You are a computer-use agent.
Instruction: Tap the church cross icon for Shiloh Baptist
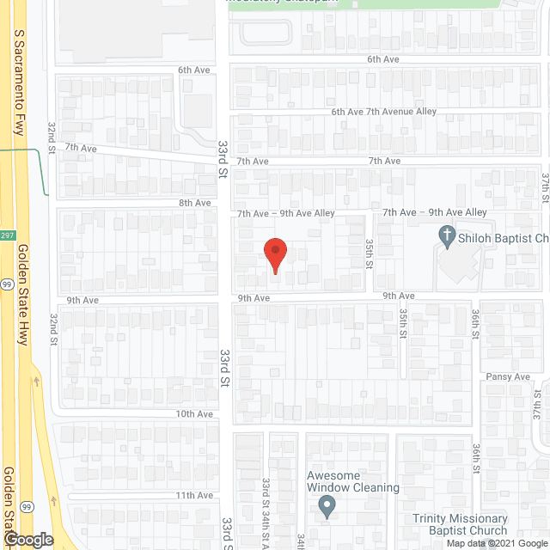click(446, 235)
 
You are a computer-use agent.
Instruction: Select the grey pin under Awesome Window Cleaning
click(327, 508)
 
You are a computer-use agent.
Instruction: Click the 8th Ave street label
click(194, 203)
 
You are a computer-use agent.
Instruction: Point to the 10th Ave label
click(194, 413)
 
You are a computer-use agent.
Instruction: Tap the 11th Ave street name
click(194, 495)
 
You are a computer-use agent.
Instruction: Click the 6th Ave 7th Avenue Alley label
click(384, 112)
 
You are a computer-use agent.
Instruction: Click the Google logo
click(27, 540)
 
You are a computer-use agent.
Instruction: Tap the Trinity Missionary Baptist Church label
click(459, 524)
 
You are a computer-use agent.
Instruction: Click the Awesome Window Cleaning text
click(353, 481)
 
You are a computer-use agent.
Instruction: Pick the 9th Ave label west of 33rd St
click(84, 301)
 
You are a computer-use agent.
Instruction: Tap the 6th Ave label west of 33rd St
click(194, 69)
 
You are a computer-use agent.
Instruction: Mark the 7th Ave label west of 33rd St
click(80, 149)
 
